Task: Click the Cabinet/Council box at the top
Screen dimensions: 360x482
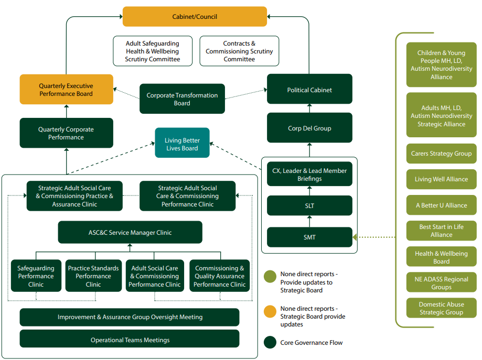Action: [195, 16]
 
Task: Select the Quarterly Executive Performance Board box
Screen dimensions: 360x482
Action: [66, 90]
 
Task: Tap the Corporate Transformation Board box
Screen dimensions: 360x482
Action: [182, 99]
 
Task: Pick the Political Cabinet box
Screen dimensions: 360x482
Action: [309, 90]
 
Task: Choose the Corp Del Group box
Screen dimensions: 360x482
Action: [309, 128]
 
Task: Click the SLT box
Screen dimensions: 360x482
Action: [309, 206]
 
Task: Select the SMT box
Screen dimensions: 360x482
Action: [309, 237]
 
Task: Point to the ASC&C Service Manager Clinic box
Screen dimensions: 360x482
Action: [130, 232]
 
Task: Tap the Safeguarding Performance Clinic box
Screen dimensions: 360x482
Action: [36, 276]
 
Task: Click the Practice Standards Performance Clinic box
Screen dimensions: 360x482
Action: [93, 276]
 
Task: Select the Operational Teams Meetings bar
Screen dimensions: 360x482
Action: [130, 340]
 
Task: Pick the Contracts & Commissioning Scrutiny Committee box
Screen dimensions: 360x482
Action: [239, 51]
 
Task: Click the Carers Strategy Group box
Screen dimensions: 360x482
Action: [441, 154]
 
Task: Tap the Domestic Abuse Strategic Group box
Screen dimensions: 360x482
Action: [441, 308]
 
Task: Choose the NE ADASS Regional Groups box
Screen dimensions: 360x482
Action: [441, 283]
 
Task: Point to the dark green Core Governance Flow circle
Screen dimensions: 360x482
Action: [270, 343]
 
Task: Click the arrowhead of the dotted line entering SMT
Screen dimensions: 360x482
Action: [356, 237]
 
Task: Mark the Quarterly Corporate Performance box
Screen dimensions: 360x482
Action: [66, 133]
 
